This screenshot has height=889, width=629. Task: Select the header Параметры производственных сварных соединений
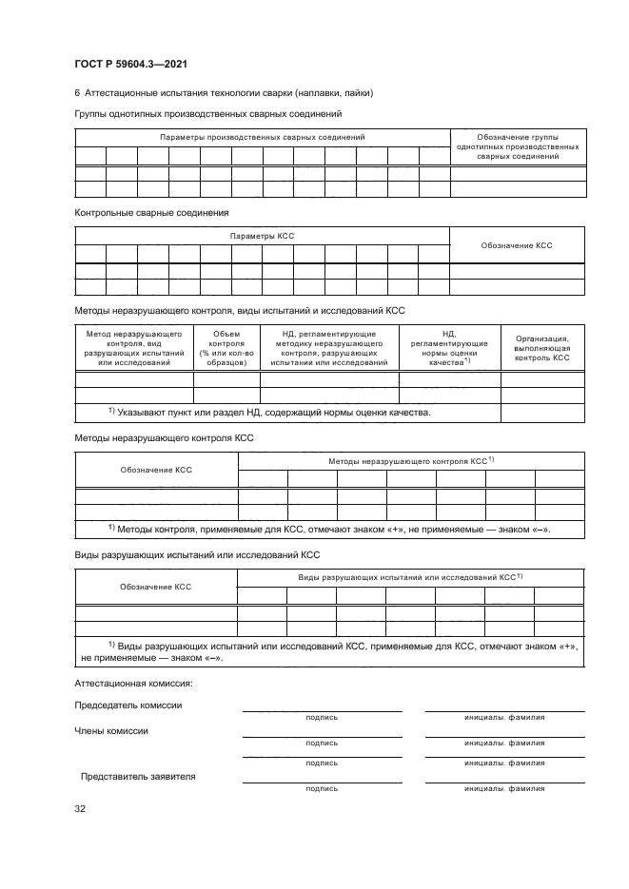click(263, 138)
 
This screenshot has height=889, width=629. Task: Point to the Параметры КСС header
click(263, 235)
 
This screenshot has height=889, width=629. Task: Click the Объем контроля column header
click(226, 348)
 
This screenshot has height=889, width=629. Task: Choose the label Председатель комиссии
click(128, 705)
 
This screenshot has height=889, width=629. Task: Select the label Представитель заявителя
click(138, 776)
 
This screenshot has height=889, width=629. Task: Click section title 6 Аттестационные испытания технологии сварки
click(224, 93)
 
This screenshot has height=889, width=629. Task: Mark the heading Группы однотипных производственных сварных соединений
click(207, 115)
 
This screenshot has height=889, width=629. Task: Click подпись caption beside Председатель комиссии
click(322, 718)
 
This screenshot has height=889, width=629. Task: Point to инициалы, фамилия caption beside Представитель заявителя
click(504, 788)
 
